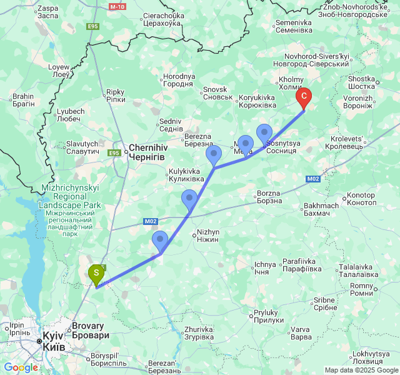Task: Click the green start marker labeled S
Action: pos(96,274)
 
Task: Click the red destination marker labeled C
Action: pos(304,97)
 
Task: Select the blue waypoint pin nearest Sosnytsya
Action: pos(264,133)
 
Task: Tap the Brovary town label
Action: pos(91,331)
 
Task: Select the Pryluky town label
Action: pos(269,316)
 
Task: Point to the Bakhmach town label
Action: pos(321,210)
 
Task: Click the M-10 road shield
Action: pos(117,6)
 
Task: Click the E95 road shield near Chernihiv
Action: pos(114,153)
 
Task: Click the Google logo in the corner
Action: pos(21,367)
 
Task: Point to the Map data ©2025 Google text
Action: pos(360,370)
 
